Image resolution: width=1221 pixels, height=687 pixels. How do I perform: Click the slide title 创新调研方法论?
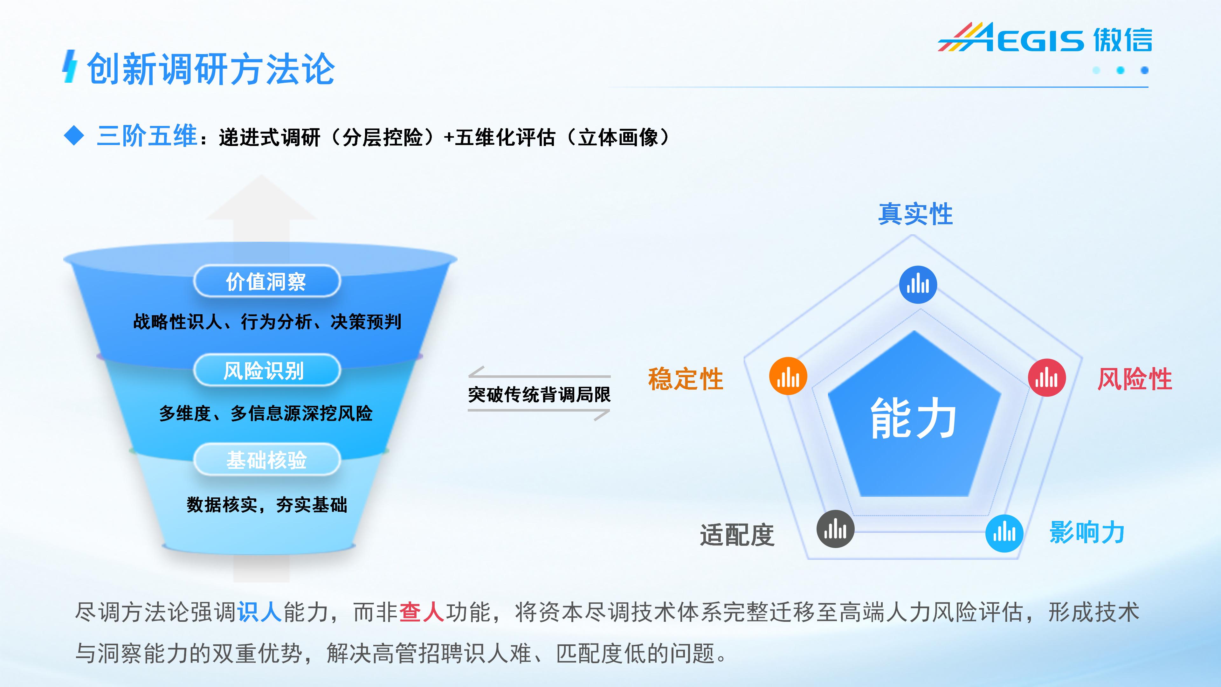pos(211,69)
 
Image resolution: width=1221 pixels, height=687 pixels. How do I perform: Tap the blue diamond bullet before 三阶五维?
pos(74,136)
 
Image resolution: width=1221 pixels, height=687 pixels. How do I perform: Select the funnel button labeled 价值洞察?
pos(267,281)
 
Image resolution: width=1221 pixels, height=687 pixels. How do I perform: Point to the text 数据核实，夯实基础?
pos(267,504)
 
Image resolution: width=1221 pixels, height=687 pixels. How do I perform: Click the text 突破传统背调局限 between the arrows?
pos(539,394)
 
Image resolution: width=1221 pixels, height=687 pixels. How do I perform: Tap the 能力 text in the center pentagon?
pos(914,418)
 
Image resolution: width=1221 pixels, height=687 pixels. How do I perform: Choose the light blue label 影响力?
pos(1087,532)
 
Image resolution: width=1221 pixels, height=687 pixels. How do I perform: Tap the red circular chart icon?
pos(1046,378)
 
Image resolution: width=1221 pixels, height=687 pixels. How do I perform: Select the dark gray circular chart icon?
pos(835,529)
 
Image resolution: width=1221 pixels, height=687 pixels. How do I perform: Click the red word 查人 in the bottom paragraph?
pos(421,612)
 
